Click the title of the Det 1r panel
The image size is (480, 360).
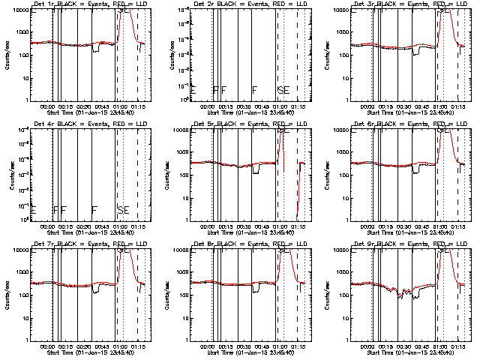tap(89, 5)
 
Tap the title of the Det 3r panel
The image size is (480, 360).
tap(410, 5)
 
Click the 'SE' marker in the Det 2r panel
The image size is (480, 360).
tap(283, 91)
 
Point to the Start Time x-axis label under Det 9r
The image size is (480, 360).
tap(410, 352)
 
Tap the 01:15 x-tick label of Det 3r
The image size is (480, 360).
tap(457, 106)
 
